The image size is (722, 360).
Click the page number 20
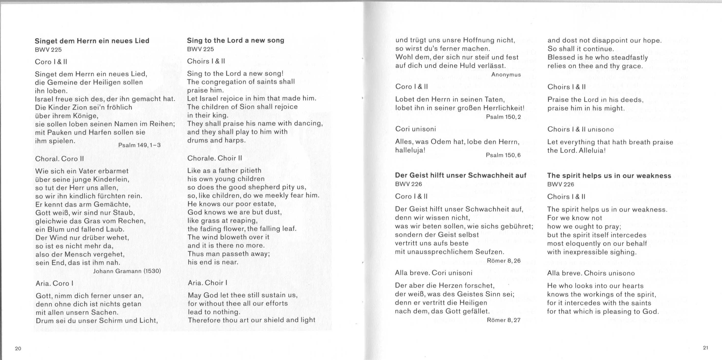[18, 349]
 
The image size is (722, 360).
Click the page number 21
[705, 348]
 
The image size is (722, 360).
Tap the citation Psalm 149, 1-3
[139, 145]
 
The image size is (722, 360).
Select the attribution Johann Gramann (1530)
[127, 271]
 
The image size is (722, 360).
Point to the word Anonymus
[506, 74]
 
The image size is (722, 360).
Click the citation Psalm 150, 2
[503, 117]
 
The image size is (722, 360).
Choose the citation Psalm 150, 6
[503, 155]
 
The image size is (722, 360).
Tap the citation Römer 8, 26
[504, 261]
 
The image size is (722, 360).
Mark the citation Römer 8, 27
[504, 320]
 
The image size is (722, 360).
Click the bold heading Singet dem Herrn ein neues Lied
[92, 41]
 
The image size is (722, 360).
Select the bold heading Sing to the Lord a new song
[235, 40]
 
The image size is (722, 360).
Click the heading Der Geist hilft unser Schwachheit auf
[461, 175]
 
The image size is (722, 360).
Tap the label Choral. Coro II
[59, 159]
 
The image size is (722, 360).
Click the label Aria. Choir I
[207, 283]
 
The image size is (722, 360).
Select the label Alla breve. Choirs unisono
[591, 273]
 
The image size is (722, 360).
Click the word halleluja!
[410, 150]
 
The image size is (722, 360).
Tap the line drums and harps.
[216, 140]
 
